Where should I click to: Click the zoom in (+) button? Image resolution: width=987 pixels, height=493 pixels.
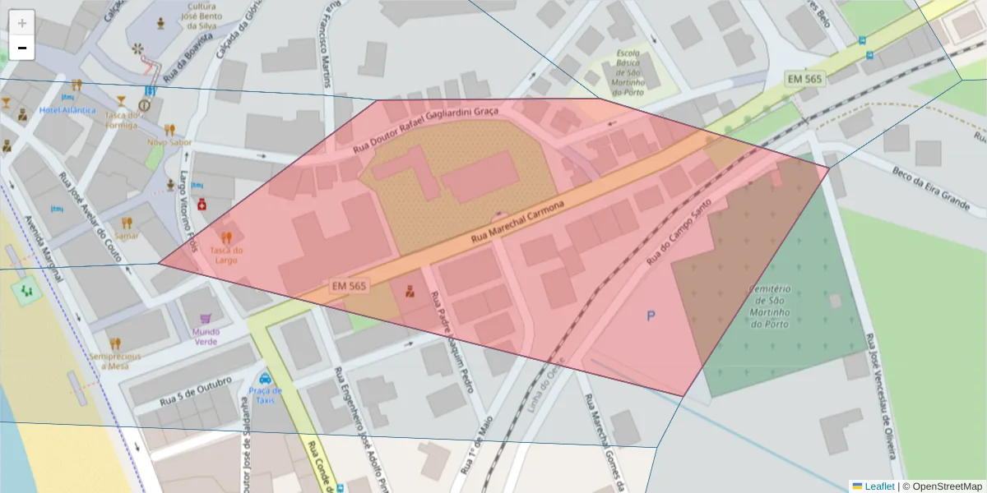(22, 23)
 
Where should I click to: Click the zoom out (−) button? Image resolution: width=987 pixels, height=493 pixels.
(22, 48)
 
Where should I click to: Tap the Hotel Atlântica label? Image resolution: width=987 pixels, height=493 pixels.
(67, 110)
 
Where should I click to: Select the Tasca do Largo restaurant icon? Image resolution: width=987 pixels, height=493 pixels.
(227, 237)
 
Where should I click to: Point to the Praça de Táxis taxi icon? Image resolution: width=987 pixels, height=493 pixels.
(265, 379)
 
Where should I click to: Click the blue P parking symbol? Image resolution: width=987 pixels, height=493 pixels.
(651, 316)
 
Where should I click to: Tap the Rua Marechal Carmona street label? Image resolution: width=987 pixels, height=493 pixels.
(517, 223)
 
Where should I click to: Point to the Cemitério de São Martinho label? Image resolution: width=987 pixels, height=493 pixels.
(770, 306)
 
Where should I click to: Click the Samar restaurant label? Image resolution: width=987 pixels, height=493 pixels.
(127, 235)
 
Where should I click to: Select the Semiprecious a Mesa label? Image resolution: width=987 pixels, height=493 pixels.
(115, 362)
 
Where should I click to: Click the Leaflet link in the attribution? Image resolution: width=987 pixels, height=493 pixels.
(879, 486)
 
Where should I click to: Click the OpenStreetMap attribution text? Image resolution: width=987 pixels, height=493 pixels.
(946, 486)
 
